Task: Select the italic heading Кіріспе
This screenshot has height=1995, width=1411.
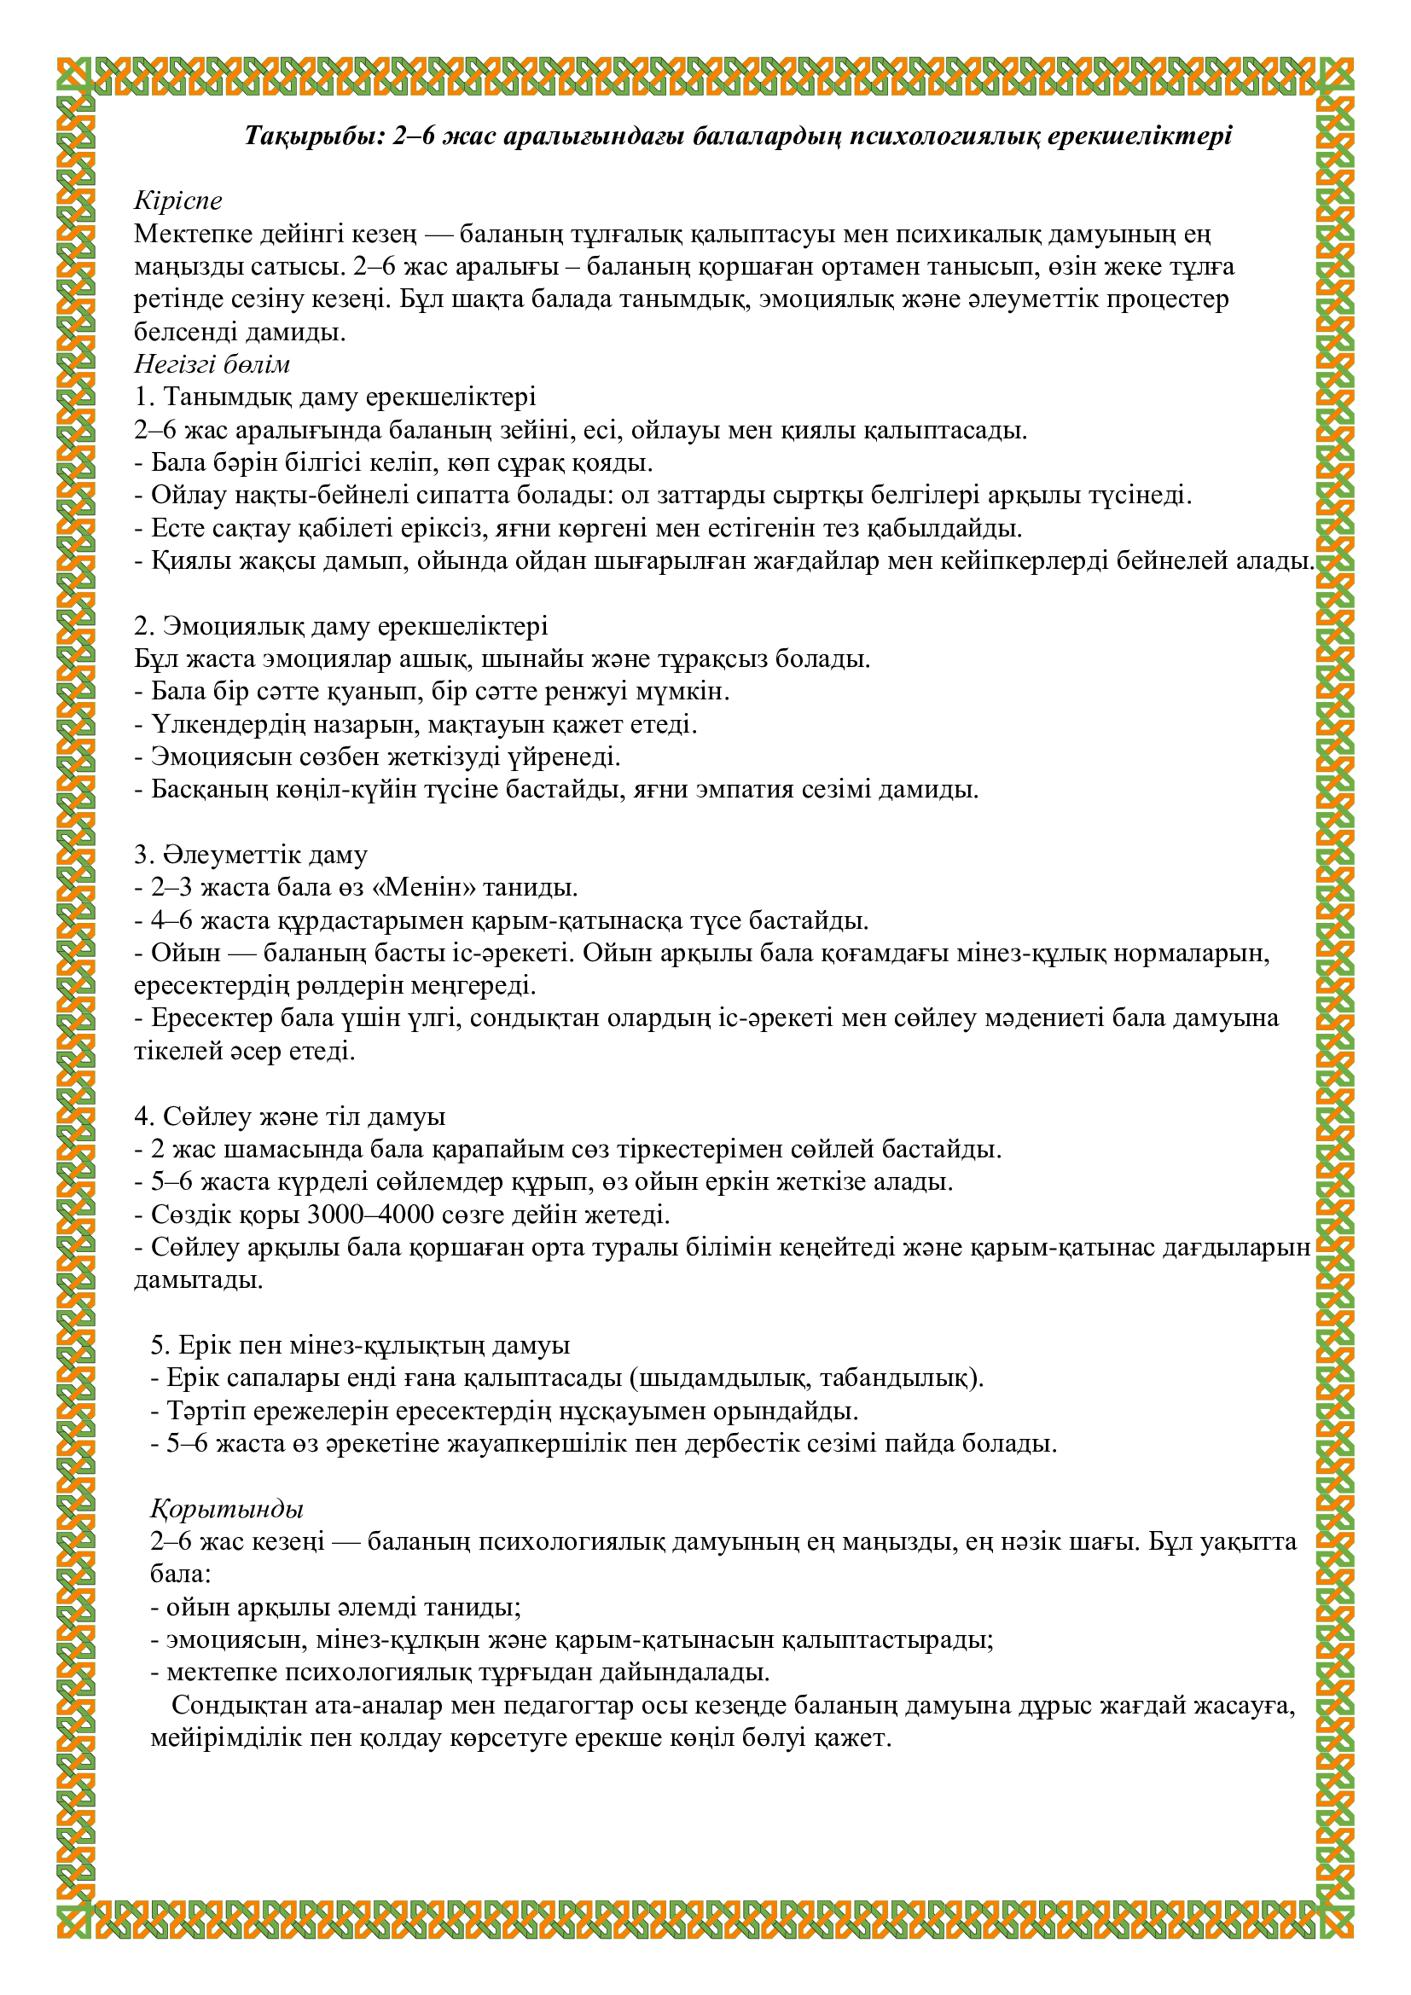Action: click(x=178, y=200)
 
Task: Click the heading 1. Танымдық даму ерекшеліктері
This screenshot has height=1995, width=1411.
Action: click(x=335, y=397)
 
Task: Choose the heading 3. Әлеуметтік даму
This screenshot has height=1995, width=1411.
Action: click(x=250, y=854)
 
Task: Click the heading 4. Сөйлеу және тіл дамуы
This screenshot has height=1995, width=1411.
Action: click(x=289, y=1116)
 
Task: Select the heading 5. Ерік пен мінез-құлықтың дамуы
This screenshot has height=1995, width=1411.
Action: click(x=360, y=1345)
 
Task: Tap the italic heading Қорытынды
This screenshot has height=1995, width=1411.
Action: click(x=227, y=1509)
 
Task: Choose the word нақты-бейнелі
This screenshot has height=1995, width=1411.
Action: click(x=291, y=496)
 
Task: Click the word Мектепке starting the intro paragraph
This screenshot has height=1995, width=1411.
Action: click(x=187, y=234)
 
